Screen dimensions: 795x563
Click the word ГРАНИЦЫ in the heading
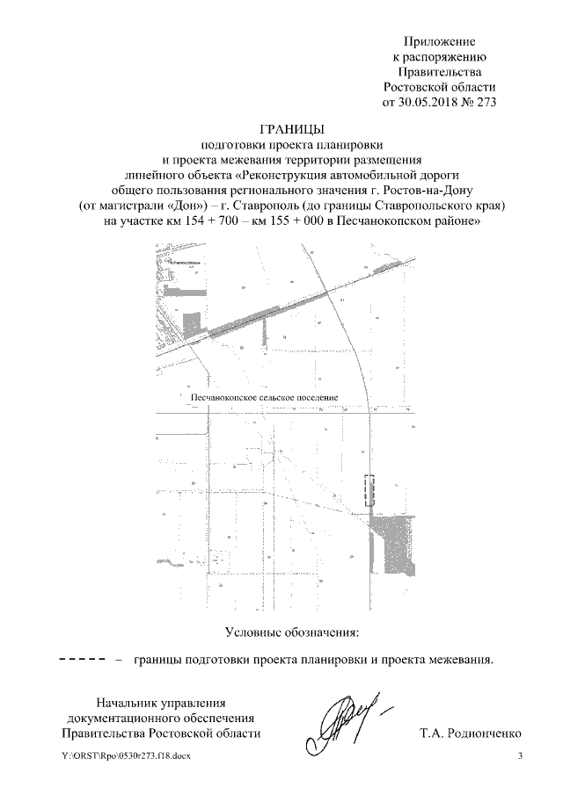(293, 128)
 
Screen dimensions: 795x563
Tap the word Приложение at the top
(439, 41)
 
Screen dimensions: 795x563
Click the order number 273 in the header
(486, 102)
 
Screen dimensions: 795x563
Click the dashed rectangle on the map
(369, 489)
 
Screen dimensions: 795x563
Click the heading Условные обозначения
(293, 632)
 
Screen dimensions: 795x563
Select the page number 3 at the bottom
(521, 756)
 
